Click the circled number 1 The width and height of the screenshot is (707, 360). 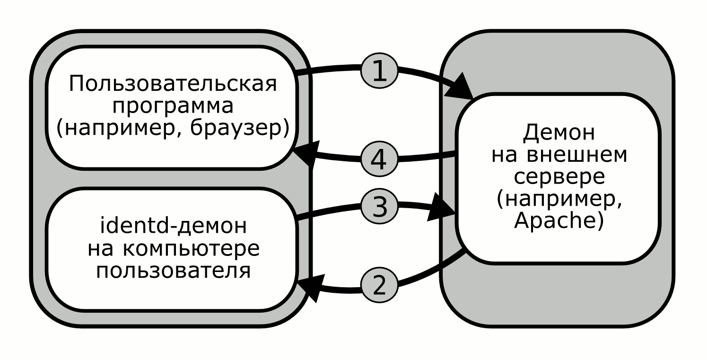(379, 71)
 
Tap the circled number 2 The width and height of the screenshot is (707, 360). (379, 285)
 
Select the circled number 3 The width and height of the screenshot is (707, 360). (379, 207)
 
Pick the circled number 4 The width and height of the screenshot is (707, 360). (379, 159)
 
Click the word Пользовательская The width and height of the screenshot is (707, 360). (173, 84)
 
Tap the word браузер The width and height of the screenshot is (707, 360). (236, 128)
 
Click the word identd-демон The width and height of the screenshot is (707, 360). (173, 226)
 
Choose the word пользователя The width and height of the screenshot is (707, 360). (173, 271)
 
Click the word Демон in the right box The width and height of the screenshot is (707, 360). (559, 133)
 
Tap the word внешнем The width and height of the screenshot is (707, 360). (577, 155)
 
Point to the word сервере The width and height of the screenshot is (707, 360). (559, 178)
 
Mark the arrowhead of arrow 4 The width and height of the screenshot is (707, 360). (307, 153)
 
